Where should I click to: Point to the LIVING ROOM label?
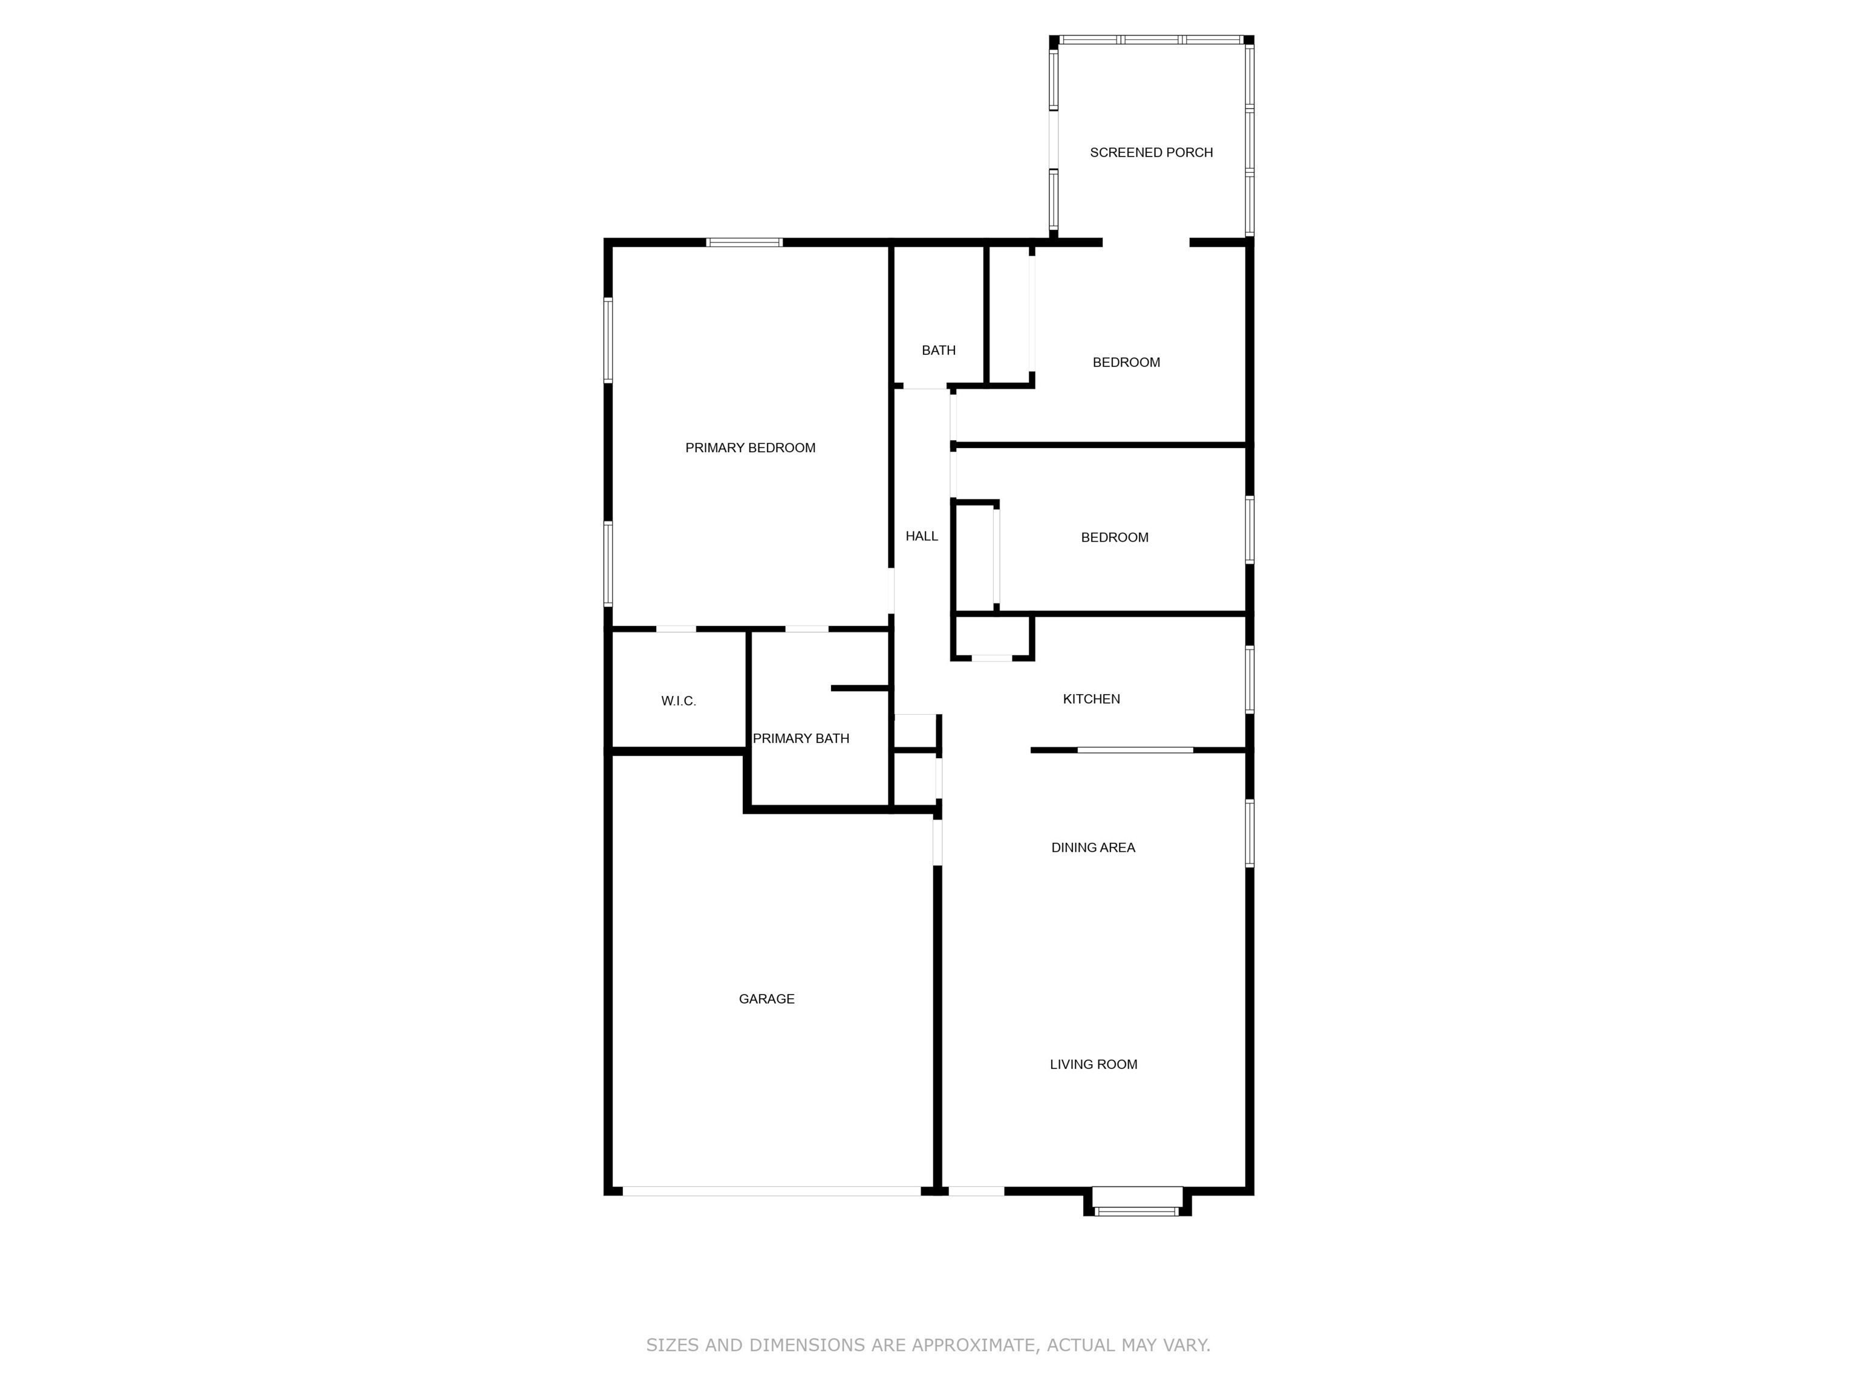point(1093,1065)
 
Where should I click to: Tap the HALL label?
point(922,536)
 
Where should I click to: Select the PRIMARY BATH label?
point(801,739)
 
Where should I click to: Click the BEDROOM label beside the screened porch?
point(1126,363)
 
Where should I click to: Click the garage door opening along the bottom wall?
point(771,1190)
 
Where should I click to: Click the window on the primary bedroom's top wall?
point(744,242)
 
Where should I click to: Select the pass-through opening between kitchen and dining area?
point(1135,750)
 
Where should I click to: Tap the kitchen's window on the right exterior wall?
point(1249,680)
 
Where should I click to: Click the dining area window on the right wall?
point(1249,833)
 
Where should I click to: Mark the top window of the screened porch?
point(1151,39)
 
